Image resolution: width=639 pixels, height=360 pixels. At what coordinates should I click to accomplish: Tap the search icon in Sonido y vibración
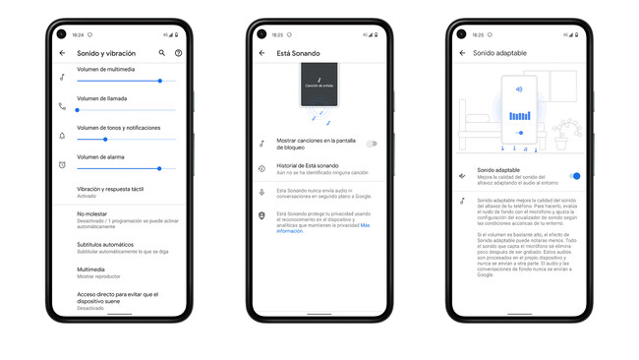(x=162, y=53)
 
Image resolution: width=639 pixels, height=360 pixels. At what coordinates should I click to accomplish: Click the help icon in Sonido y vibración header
(x=178, y=53)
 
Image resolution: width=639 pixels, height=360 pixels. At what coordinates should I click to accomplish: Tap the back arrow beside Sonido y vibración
(x=62, y=53)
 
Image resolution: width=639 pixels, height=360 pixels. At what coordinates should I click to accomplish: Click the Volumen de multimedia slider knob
(x=160, y=81)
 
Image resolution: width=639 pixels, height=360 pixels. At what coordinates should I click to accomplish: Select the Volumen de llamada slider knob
(x=78, y=110)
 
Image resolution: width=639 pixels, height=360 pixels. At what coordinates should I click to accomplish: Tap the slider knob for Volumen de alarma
(x=159, y=168)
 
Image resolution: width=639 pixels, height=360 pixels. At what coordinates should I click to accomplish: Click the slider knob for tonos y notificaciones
(x=105, y=140)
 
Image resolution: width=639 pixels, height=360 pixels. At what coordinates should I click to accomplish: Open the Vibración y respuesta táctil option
(x=110, y=192)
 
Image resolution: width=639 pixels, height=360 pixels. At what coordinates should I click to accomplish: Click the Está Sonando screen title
(x=298, y=53)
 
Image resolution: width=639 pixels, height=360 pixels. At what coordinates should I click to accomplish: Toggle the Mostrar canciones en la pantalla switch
(x=371, y=144)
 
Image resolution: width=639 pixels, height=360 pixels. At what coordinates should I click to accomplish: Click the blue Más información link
(x=365, y=225)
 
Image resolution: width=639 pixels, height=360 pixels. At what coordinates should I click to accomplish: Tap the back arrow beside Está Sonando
(x=261, y=53)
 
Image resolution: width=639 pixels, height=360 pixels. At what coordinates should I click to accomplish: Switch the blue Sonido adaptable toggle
(x=575, y=176)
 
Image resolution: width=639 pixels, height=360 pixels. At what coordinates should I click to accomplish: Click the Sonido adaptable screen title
(x=499, y=53)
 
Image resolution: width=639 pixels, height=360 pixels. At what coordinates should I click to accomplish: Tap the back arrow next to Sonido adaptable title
(x=462, y=53)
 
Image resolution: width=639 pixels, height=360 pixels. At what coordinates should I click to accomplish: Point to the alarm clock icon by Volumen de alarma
(x=62, y=165)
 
